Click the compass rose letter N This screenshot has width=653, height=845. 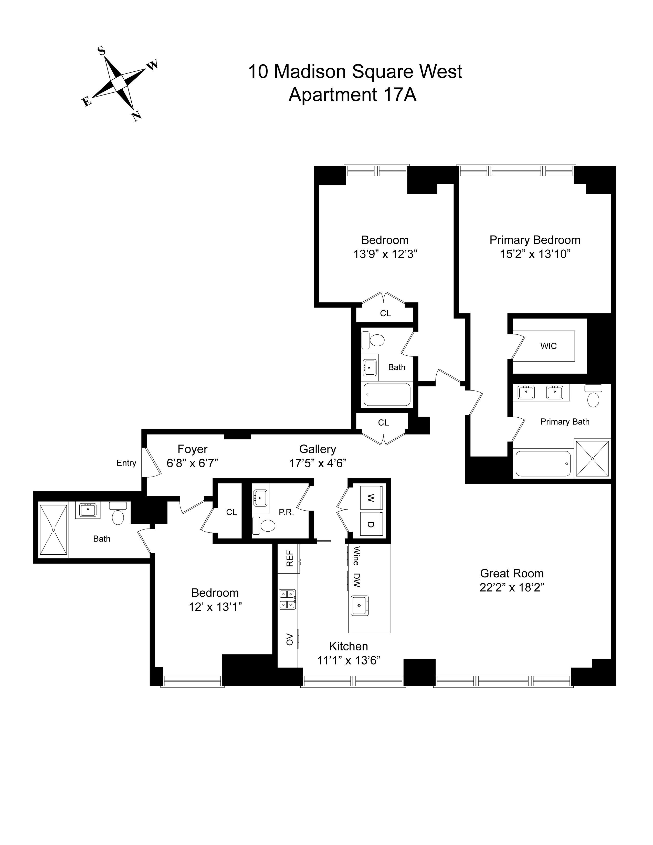coord(136,116)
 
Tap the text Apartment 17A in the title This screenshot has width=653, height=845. coord(352,95)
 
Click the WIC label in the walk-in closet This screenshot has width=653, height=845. coord(548,346)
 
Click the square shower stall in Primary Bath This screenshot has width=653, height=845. coord(592,459)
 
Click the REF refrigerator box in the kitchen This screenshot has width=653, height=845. coord(289,558)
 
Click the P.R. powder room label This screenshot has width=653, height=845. coord(286,512)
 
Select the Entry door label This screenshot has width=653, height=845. coord(126,463)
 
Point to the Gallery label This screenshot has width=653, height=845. coord(317,449)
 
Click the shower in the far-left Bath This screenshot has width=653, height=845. coord(53,530)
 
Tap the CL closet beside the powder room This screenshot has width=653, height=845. coord(231,512)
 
